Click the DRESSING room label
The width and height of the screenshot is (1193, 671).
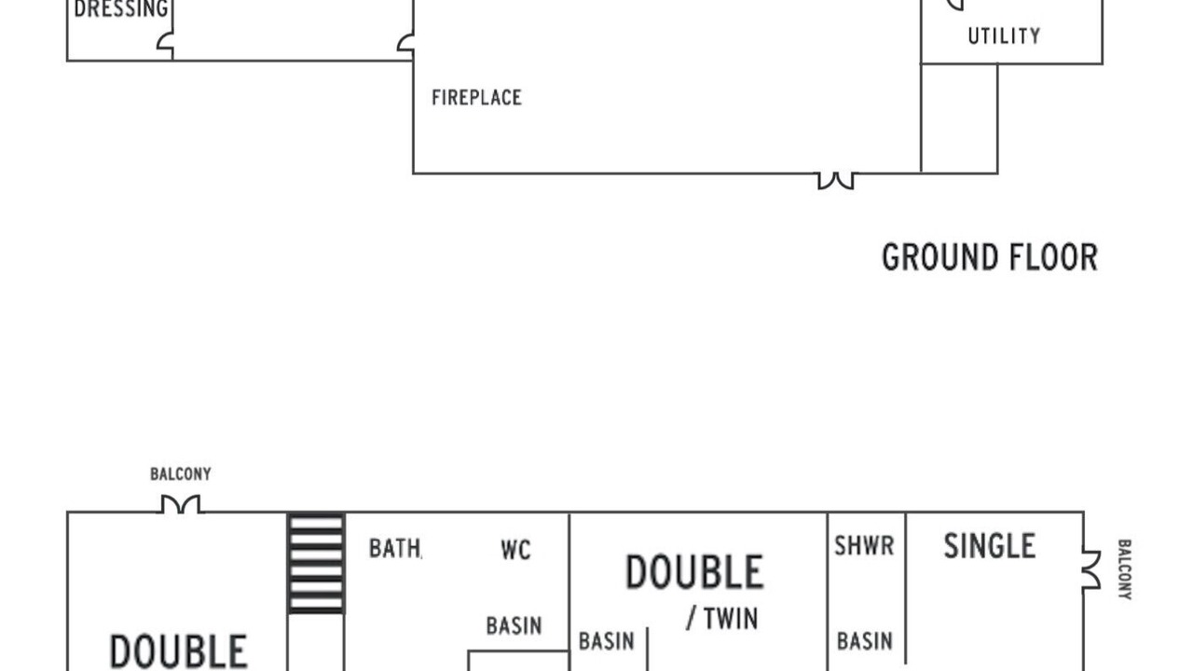click(x=121, y=8)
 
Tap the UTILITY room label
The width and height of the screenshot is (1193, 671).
click(x=1004, y=36)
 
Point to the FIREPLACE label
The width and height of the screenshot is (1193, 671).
click(x=476, y=98)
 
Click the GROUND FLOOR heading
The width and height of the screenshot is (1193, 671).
click(x=990, y=257)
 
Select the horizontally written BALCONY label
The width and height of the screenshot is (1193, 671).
click(x=181, y=474)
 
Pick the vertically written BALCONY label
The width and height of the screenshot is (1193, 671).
click(x=1124, y=569)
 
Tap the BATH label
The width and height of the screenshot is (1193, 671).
click(x=395, y=549)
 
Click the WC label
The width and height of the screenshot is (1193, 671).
click(x=515, y=550)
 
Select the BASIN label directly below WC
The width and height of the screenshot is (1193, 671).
click(x=514, y=625)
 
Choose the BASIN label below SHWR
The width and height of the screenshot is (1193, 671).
click(x=865, y=641)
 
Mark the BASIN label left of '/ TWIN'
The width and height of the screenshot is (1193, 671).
click(x=607, y=641)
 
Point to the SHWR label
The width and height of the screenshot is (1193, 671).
click(x=864, y=546)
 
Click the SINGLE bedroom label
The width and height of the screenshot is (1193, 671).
click(x=990, y=546)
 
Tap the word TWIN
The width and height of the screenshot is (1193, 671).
click(x=731, y=619)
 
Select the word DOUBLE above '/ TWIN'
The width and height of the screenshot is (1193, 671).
click(x=694, y=572)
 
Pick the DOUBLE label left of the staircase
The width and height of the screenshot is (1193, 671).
click(x=178, y=651)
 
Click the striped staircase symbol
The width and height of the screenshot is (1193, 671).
click(x=316, y=564)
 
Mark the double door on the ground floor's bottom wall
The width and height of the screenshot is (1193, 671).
click(x=836, y=181)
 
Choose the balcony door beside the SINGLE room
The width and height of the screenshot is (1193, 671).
click(x=1090, y=569)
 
